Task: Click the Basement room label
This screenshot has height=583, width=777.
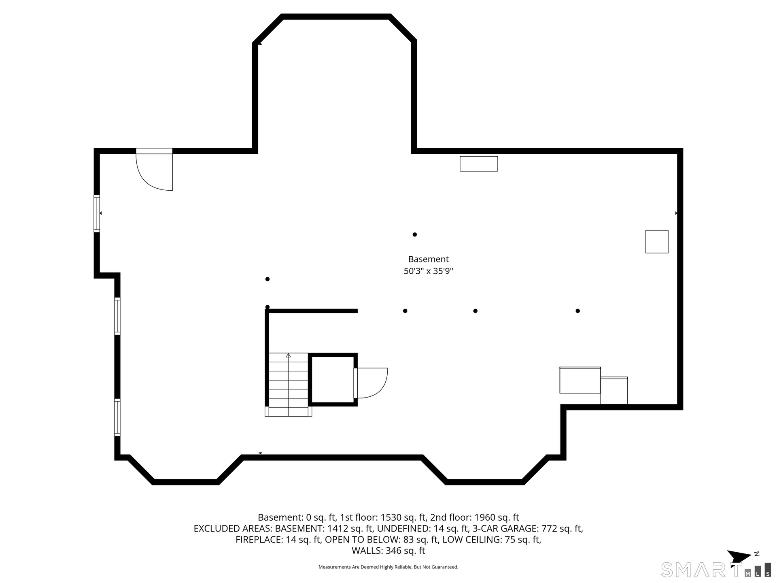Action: pos(428,259)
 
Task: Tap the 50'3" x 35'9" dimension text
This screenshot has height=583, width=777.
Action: pos(428,271)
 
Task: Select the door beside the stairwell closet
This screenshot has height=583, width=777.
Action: pos(370,383)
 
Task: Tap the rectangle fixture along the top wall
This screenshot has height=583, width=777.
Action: pos(479,164)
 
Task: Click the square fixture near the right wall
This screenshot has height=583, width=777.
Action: pos(657,242)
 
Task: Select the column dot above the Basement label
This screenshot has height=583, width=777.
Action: pos(414,234)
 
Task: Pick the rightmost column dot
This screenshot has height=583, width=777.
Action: pos(577,311)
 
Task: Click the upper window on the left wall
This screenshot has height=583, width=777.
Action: pos(97,213)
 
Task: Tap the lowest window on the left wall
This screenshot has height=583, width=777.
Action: pos(117,417)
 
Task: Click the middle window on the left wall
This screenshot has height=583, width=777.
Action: pos(117,316)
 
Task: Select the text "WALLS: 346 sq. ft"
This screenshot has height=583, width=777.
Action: pos(388,551)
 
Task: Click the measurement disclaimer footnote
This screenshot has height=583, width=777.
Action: pos(388,567)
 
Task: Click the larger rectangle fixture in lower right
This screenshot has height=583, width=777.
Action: pos(580,380)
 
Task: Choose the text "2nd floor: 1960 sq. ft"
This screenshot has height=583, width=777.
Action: pos(474,517)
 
